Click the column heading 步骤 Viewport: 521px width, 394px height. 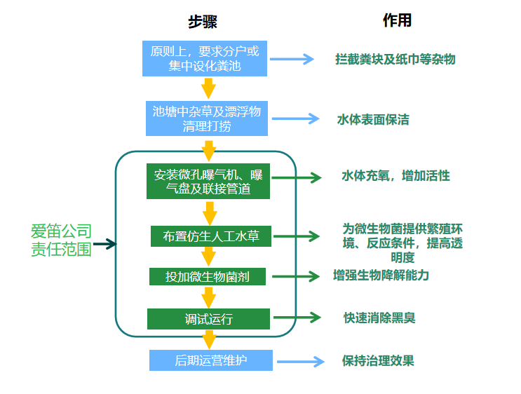(202, 22)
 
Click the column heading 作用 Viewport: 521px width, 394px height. (396, 20)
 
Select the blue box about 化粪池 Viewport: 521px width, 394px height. (204, 59)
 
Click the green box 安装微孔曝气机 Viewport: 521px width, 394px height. (208, 182)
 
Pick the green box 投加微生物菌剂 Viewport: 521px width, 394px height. (208, 276)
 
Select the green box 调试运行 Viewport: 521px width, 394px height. (208, 319)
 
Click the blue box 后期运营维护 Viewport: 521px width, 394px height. (210, 361)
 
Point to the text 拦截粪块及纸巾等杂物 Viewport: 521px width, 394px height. (395, 60)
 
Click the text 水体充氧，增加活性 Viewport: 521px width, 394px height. (395, 176)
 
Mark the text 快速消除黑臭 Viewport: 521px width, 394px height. (379, 318)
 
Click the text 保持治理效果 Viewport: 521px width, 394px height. (378, 361)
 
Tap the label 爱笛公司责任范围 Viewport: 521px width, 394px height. (61, 240)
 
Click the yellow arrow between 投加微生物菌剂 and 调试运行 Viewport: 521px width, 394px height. (209, 297)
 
